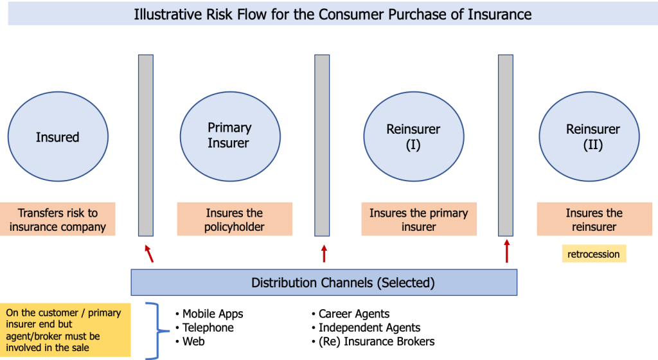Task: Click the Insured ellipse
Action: (x=58, y=137)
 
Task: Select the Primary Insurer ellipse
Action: (x=229, y=135)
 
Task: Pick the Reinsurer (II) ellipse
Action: (x=592, y=137)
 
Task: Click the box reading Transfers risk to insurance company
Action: (x=58, y=220)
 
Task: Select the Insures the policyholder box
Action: (x=235, y=220)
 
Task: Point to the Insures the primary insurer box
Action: (x=418, y=220)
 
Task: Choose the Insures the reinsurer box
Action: (x=594, y=220)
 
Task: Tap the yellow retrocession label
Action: (x=594, y=254)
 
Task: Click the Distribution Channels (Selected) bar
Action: (x=324, y=282)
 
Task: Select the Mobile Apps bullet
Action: (x=212, y=314)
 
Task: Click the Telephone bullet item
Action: (x=208, y=328)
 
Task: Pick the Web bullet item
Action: (x=193, y=341)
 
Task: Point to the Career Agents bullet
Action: (x=353, y=314)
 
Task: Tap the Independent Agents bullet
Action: (x=369, y=328)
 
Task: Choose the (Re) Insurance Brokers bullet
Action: (x=376, y=341)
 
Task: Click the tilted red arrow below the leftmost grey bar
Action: (x=149, y=253)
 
